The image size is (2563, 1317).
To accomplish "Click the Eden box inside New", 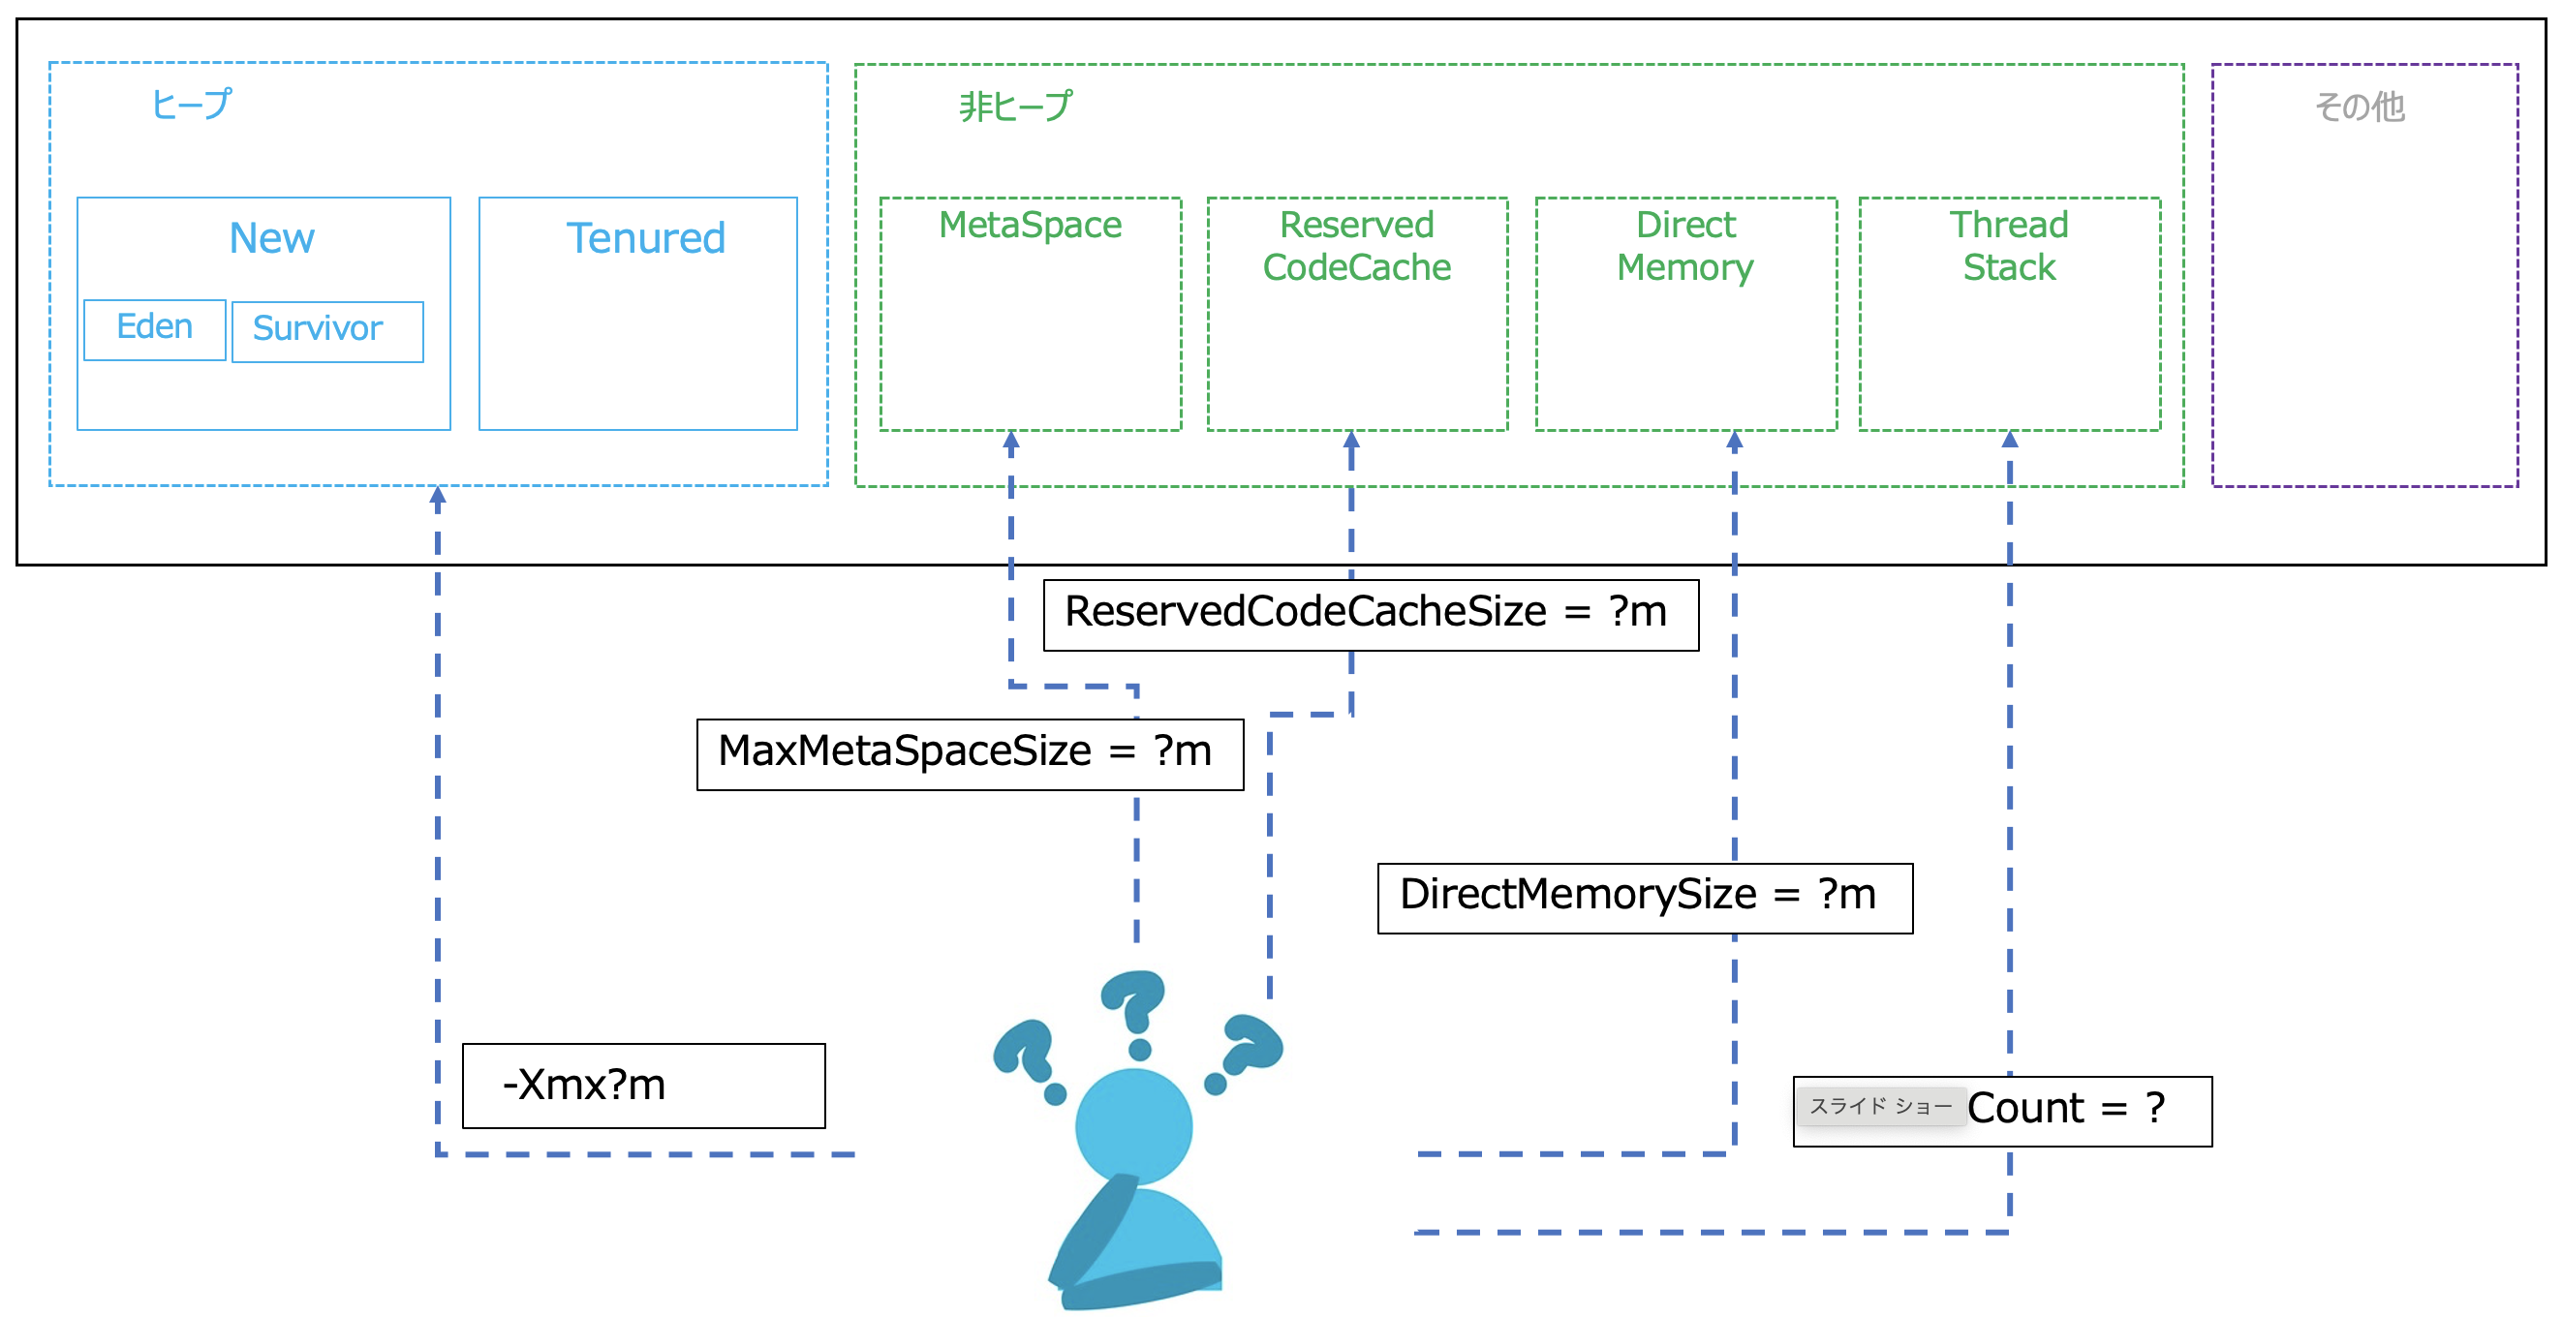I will [154, 329].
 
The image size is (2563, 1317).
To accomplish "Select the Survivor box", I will [326, 330].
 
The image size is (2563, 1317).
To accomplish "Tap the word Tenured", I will [646, 239].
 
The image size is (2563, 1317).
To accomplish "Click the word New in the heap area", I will [271, 239].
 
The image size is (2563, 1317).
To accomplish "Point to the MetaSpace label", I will [1030, 226].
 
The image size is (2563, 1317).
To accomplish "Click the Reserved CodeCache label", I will [1356, 247].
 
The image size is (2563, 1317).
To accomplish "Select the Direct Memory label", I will [1685, 247].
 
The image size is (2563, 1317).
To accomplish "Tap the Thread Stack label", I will [2009, 247].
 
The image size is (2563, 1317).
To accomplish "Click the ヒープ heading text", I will [191, 105].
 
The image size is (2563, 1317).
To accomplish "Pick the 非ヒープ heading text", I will [1016, 107].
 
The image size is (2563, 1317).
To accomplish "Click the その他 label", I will [2359, 107].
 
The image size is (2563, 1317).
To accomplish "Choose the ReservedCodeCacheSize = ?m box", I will [1370, 614].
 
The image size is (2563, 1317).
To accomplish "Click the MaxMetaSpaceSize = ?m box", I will [969, 753].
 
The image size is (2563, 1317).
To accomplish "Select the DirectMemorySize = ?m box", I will [1644, 896].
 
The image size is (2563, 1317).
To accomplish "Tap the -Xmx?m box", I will [643, 1085].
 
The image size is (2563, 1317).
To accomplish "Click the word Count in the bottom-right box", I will [2024, 1109].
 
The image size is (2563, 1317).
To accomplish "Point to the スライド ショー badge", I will [1880, 1106].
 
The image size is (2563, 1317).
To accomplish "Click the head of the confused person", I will [1133, 1126].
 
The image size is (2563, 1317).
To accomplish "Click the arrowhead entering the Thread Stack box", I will [2009, 440].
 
